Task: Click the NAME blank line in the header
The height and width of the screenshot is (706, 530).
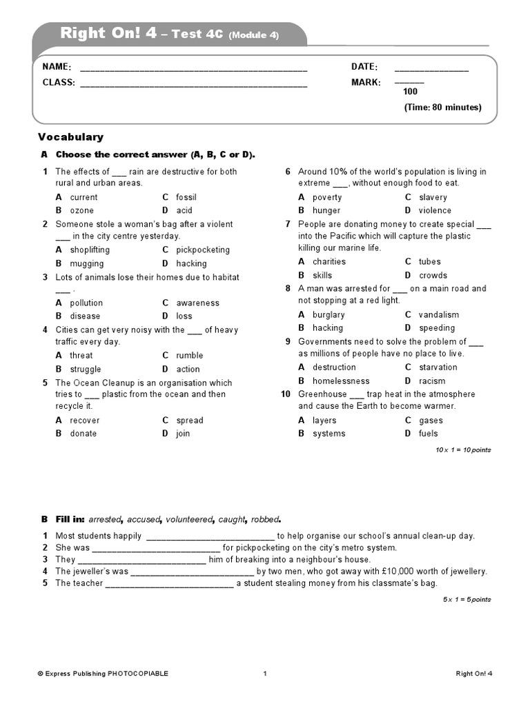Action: (193, 69)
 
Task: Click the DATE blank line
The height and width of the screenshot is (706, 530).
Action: (431, 69)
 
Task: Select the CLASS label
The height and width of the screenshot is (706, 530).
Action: (58, 83)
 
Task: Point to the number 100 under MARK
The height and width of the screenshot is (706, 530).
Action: (410, 92)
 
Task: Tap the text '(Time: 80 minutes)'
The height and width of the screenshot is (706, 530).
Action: (442, 108)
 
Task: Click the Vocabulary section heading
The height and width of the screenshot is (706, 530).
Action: (70, 137)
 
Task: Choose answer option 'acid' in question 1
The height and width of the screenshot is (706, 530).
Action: (184, 210)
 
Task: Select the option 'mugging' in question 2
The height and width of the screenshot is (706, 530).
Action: (87, 263)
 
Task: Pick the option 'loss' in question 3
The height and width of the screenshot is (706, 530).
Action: (184, 316)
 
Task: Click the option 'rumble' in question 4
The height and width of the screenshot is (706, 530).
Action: (190, 356)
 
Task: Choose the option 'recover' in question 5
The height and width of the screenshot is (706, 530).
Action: (84, 421)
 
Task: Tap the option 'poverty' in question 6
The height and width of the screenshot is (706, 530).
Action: (327, 197)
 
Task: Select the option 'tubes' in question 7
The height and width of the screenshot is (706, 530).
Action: (429, 262)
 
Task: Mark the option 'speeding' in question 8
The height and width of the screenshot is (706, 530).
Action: (437, 328)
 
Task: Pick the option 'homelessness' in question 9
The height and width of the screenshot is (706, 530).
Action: (341, 381)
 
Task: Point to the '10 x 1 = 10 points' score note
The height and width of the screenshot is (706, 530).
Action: (463, 450)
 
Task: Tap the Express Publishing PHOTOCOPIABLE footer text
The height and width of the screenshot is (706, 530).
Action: (103, 674)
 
